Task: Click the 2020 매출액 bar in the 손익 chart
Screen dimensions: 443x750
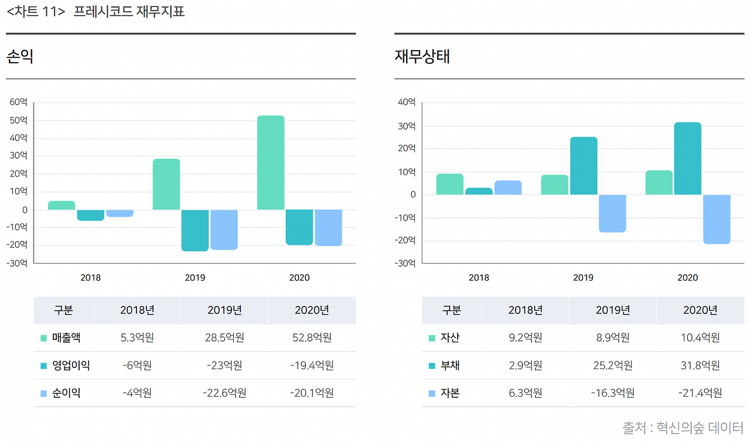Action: tap(271, 162)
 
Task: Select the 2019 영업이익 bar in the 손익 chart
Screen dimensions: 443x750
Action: tap(195, 230)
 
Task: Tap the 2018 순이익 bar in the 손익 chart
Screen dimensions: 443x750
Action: tap(120, 213)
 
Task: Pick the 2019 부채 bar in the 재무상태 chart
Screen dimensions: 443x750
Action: tap(584, 166)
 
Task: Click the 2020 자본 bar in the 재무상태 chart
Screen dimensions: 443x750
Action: tap(717, 219)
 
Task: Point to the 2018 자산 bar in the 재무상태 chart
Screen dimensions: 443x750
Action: tap(450, 184)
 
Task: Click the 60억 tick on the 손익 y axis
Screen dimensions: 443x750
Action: tap(18, 102)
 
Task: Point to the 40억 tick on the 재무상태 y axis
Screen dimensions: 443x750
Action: tap(406, 102)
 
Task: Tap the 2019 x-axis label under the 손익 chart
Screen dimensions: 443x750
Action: tap(195, 278)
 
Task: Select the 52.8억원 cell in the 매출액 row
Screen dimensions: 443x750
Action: tap(312, 338)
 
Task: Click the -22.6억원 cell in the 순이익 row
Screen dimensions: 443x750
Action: tap(224, 393)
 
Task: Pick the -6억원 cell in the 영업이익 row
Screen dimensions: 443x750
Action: tap(137, 365)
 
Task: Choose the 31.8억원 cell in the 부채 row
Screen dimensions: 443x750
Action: tap(700, 365)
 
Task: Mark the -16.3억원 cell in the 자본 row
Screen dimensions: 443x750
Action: tap(613, 393)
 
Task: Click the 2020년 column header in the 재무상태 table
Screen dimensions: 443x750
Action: tap(700, 310)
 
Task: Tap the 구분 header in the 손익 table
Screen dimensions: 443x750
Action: tap(63, 310)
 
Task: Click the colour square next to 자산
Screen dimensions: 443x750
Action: tap(432, 338)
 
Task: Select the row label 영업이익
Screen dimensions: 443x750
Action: tap(71, 365)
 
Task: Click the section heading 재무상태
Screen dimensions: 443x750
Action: tap(422, 57)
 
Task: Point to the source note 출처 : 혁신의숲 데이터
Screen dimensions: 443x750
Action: tap(683, 428)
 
